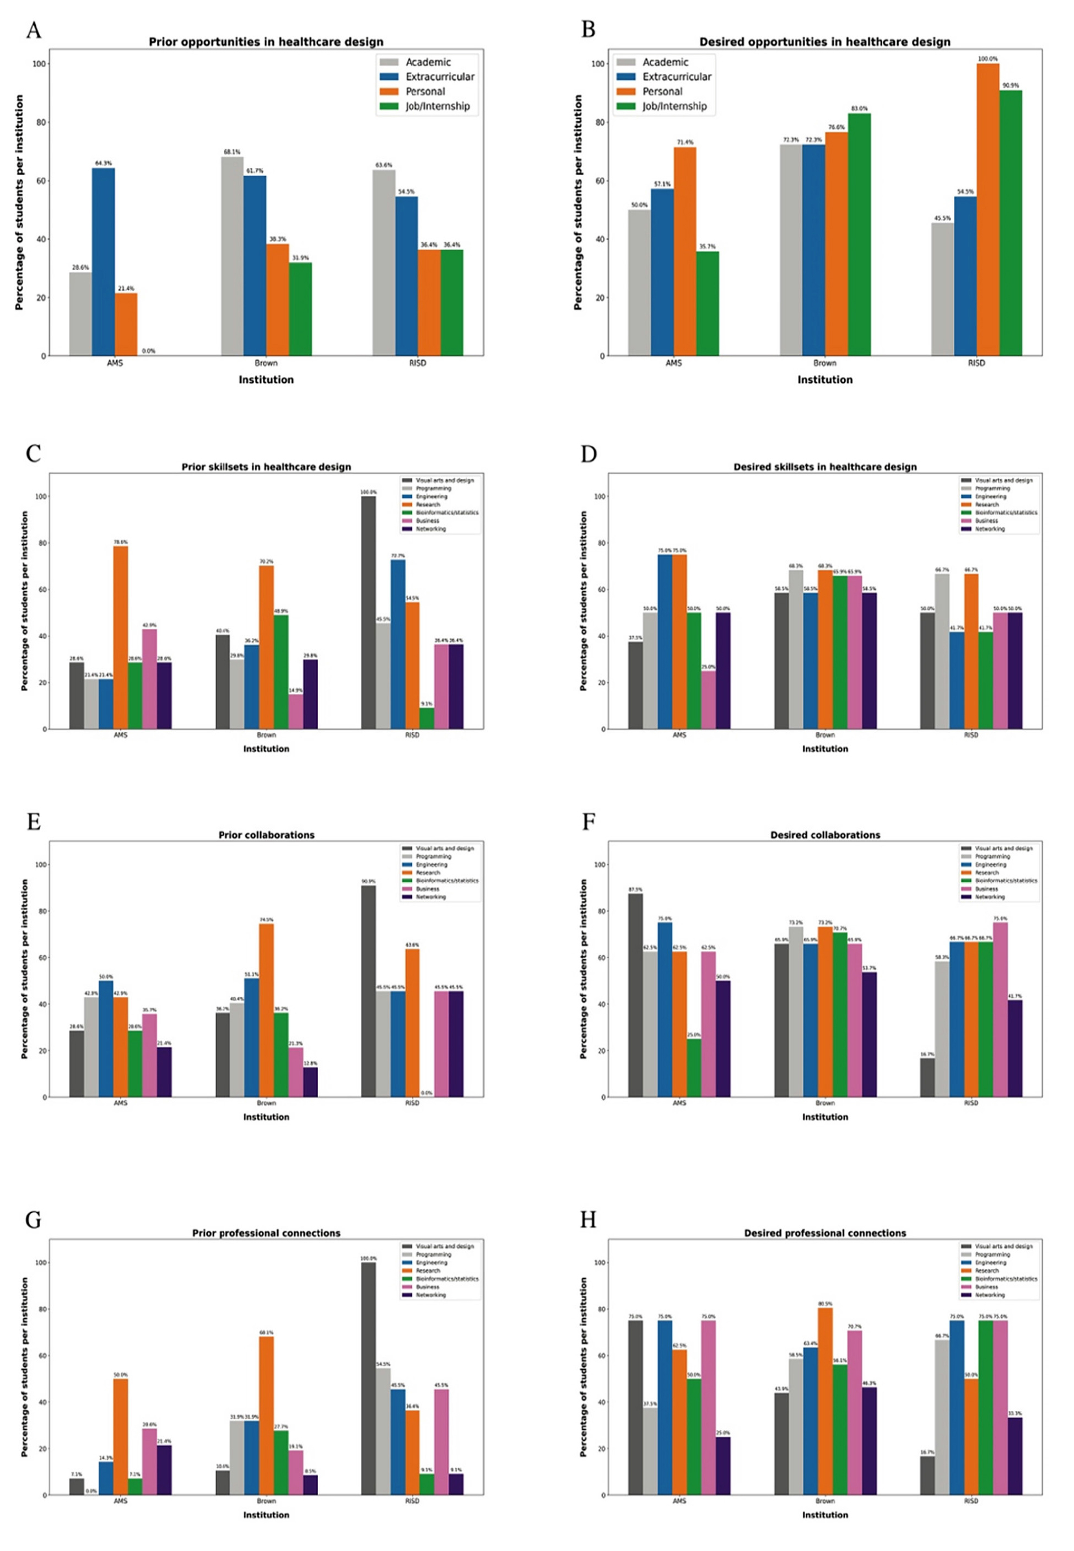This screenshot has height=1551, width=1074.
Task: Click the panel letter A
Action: click(34, 30)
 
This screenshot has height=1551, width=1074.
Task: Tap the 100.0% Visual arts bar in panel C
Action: click(369, 612)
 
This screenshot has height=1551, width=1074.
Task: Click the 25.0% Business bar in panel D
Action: click(709, 700)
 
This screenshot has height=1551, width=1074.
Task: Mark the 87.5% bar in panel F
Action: click(635, 995)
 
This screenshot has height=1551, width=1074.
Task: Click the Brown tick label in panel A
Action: click(266, 363)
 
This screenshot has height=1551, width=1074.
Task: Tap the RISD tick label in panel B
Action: click(976, 363)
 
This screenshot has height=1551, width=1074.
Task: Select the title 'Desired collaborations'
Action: click(825, 835)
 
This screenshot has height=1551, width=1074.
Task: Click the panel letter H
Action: click(588, 1219)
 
